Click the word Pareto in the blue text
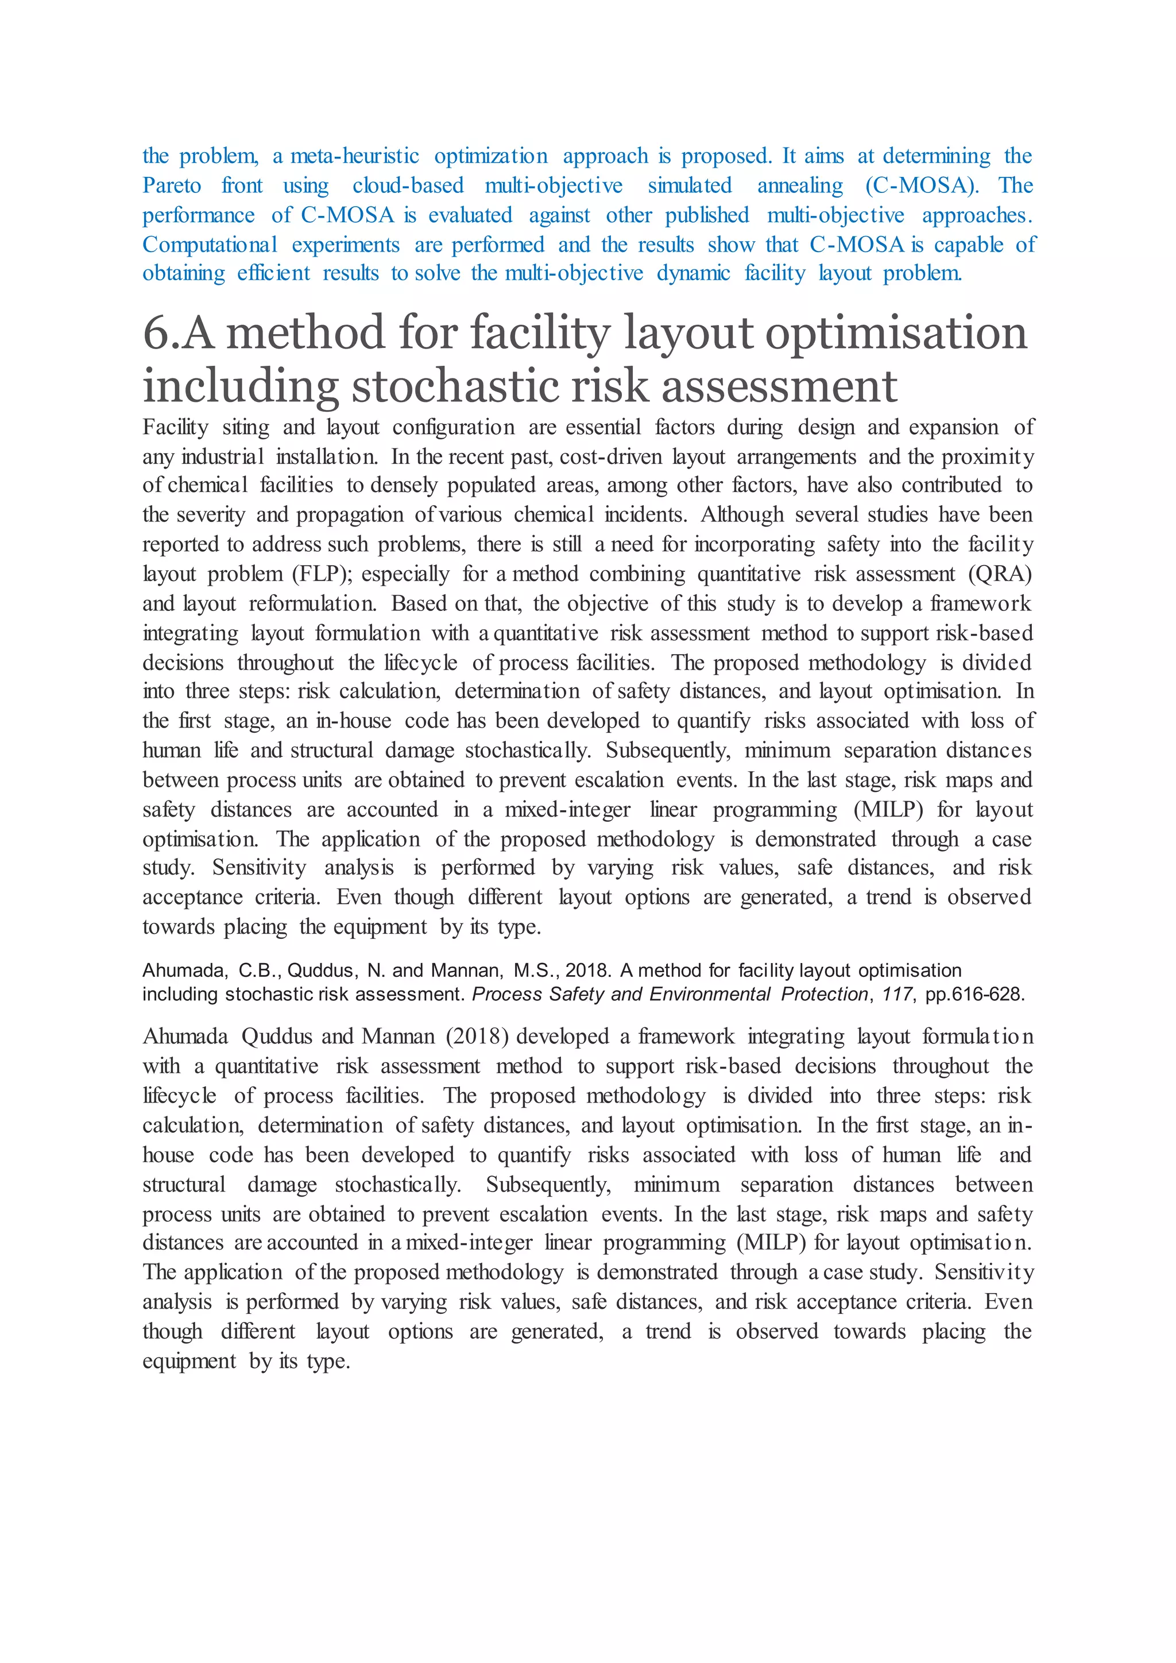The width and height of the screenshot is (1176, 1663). [172, 186]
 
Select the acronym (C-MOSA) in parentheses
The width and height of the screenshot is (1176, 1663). [921, 186]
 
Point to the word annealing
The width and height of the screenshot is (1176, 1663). [799, 186]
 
